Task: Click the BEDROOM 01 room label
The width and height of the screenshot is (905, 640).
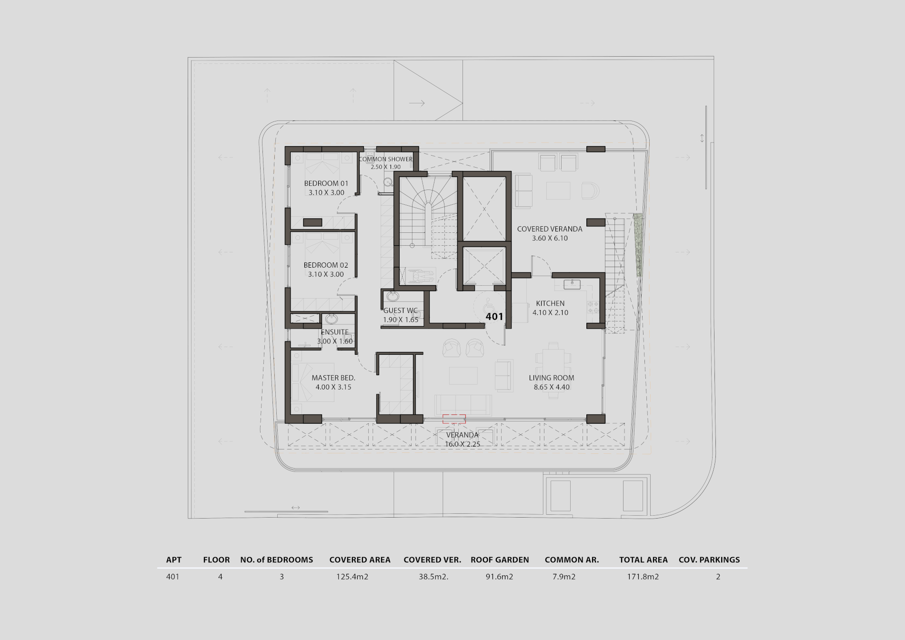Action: point(326,183)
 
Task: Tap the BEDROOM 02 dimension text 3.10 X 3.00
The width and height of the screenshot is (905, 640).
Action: point(326,274)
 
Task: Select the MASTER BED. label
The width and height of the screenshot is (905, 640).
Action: point(333,378)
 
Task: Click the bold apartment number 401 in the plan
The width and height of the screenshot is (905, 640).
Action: point(494,316)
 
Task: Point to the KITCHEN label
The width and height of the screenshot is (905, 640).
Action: point(550,303)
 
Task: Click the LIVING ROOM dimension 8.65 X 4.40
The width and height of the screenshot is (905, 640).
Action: point(552,387)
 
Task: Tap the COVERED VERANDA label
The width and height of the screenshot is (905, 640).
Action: point(550,229)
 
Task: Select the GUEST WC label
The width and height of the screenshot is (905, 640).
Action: point(401,310)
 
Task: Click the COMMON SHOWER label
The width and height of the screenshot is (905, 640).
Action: point(386,159)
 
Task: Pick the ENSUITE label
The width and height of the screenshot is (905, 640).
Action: point(334,332)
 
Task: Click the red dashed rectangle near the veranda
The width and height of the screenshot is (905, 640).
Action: point(454,419)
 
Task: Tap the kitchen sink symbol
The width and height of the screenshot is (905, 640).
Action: point(572,284)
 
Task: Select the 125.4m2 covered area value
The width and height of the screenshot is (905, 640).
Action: point(352,577)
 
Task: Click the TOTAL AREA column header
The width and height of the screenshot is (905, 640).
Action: point(643,560)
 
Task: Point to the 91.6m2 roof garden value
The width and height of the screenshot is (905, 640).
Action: point(499,577)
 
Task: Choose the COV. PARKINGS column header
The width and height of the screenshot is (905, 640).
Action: point(709,560)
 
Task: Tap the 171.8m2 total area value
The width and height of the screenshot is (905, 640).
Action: point(643,577)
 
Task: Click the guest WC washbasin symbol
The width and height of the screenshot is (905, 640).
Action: point(393,297)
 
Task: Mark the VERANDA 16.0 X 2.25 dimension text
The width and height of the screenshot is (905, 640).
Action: point(463,444)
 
